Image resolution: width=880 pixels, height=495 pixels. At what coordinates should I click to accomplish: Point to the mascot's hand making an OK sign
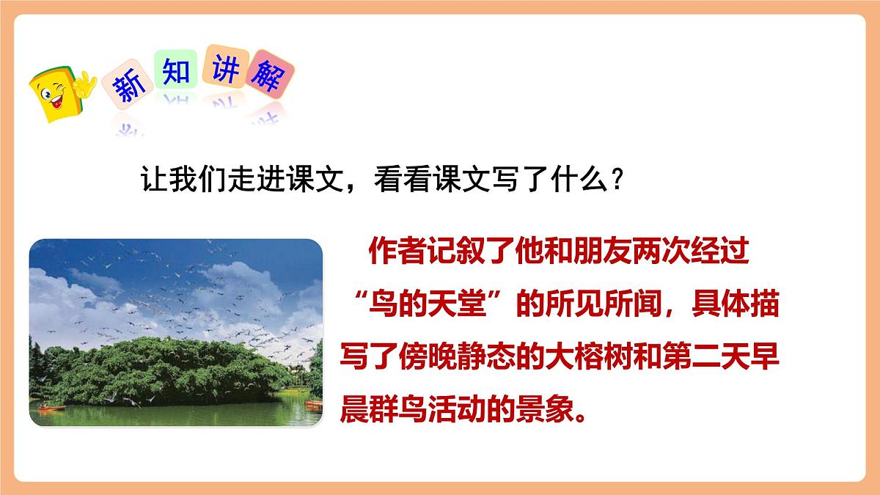(87, 82)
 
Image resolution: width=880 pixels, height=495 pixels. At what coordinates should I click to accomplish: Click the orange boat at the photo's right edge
(314, 403)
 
